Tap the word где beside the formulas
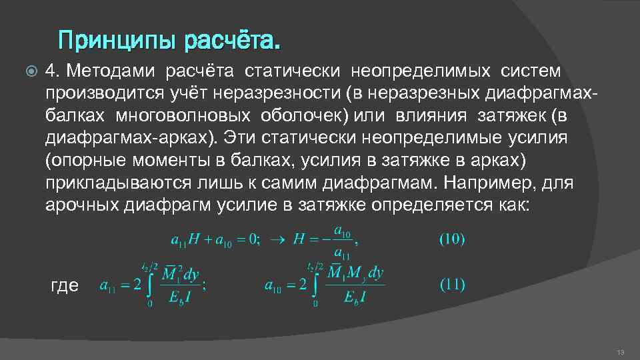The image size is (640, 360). tap(65, 285)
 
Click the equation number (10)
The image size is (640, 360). tap(451, 239)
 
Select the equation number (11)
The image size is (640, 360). tap(451, 285)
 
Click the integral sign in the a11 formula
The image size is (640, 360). tap(149, 285)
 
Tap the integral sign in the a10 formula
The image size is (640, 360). tap(315, 285)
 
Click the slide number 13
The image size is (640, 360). tap(620, 352)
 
